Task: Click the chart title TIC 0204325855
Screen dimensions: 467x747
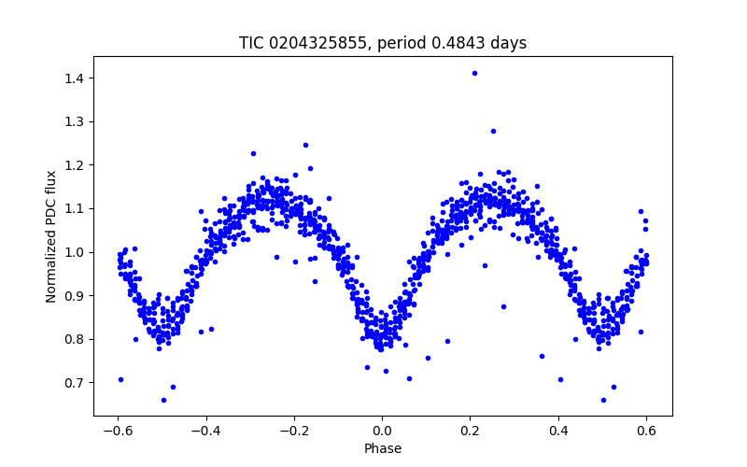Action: pos(383,43)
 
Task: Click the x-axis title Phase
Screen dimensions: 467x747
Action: pos(383,448)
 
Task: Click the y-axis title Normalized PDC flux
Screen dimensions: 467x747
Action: pos(52,235)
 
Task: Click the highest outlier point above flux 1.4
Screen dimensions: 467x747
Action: pos(474,73)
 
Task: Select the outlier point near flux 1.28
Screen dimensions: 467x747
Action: pos(493,131)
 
